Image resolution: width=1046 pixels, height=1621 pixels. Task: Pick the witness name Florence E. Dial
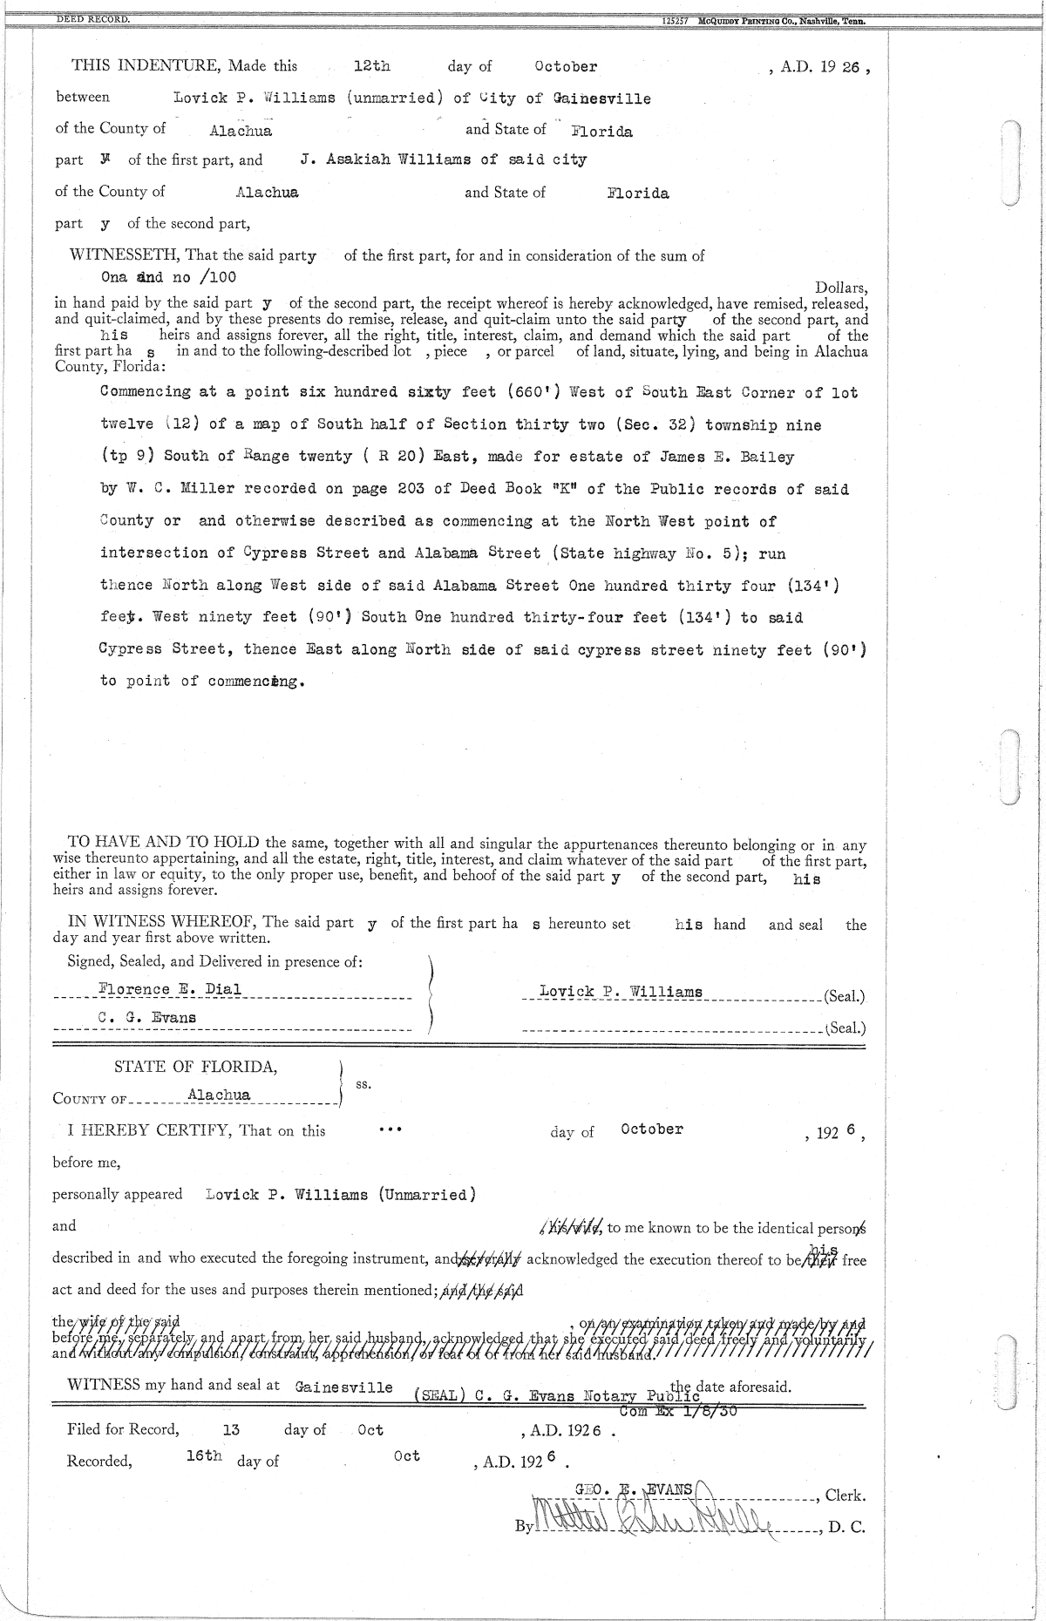pos(170,989)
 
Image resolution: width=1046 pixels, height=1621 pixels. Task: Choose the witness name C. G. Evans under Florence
pos(147,1018)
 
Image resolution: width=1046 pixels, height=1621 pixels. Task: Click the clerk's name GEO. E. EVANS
pos(634,1490)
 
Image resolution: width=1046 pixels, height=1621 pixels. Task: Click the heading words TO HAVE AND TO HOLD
pos(166,843)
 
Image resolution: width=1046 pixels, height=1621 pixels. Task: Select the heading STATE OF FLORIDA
pos(196,1068)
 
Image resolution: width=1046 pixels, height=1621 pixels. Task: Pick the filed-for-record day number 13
pos(231,1430)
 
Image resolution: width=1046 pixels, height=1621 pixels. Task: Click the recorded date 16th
pos(204,1457)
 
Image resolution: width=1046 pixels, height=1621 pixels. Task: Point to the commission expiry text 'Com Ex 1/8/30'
pos(678,1412)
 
